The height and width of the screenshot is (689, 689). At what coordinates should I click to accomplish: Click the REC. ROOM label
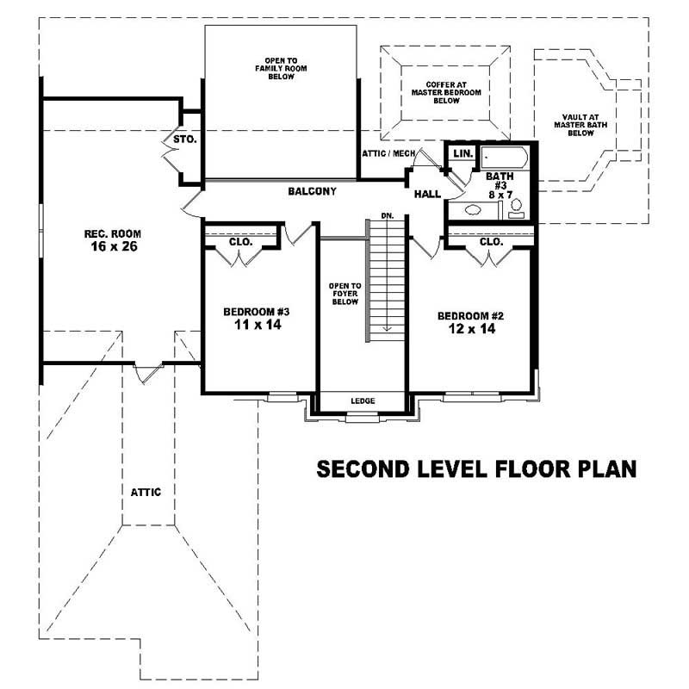point(112,233)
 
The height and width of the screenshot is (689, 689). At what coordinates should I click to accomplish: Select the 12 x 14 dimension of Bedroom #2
point(469,328)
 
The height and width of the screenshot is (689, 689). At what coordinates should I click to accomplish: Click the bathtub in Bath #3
point(502,158)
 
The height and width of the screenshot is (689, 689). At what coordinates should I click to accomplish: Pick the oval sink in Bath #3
point(473,209)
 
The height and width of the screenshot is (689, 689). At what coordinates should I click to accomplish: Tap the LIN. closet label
point(462,152)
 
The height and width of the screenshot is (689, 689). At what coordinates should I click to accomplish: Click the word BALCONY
point(312,191)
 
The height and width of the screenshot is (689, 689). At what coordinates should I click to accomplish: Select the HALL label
point(427,195)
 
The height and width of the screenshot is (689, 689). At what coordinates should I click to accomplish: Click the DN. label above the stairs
point(387,215)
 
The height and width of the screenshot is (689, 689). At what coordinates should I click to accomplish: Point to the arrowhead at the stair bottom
point(388,327)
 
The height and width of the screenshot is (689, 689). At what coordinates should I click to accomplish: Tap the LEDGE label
point(362,400)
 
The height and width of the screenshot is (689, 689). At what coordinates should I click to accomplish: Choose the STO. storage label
point(184,138)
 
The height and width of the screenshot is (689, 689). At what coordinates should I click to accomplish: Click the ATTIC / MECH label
point(388,153)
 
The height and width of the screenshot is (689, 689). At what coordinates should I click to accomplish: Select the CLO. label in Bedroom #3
point(240,242)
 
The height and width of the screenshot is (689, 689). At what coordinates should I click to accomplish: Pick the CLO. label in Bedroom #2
point(491,242)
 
